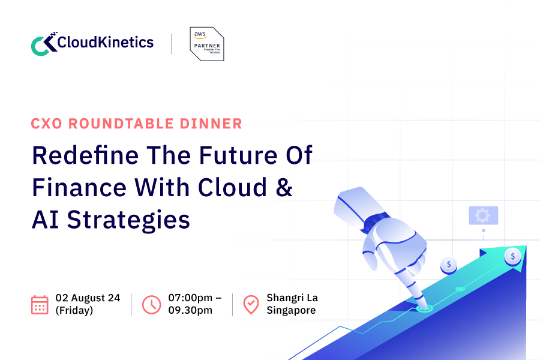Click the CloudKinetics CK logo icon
pyautogui.click(x=43, y=44)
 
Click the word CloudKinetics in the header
pyautogui.click(x=106, y=43)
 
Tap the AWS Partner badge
pyautogui.click(x=206, y=44)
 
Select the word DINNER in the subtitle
pyautogui.click(x=212, y=124)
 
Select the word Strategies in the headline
pyautogui.click(x=128, y=220)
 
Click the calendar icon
pyautogui.click(x=40, y=304)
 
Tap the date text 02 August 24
pyautogui.click(x=88, y=298)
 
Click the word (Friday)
pyautogui.click(x=74, y=311)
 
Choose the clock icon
pyautogui.click(x=151, y=304)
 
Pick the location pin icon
pyautogui.click(x=251, y=304)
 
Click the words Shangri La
pyautogui.click(x=292, y=298)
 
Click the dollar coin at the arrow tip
pyautogui.click(x=512, y=256)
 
